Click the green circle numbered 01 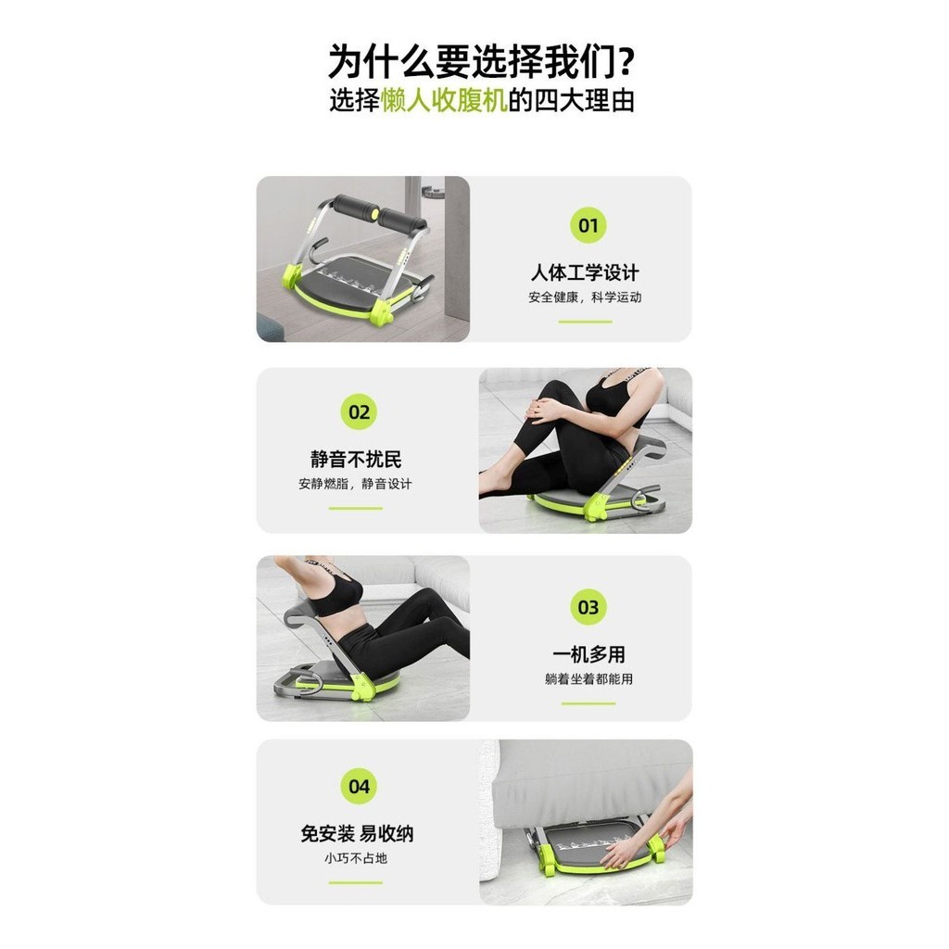point(588,225)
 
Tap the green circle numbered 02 point(359,412)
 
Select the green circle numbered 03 point(588,607)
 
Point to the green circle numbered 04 point(359,786)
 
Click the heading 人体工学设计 point(585,273)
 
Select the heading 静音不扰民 point(356,460)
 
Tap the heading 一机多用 point(588,654)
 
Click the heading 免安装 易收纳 point(357,834)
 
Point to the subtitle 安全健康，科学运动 point(585,297)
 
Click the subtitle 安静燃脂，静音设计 point(355,484)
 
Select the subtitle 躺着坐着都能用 point(588,679)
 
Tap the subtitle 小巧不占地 point(355,858)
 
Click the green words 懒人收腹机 point(444,100)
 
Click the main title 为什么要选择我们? point(481,61)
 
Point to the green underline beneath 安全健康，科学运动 point(586,322)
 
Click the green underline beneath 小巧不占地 point(355,882)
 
